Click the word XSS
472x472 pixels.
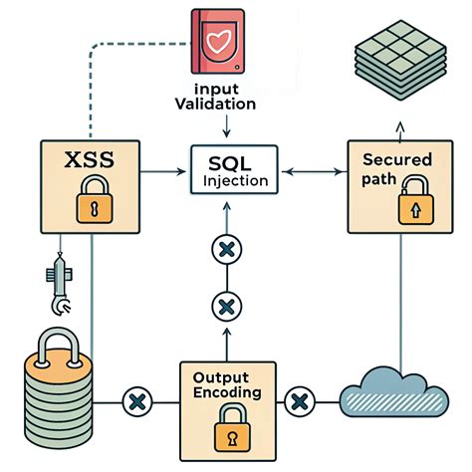pos(89,159)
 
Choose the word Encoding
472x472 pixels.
pos(228,393)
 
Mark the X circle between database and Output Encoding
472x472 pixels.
pos(134,403)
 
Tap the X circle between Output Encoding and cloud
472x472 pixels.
pos(297,402)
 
